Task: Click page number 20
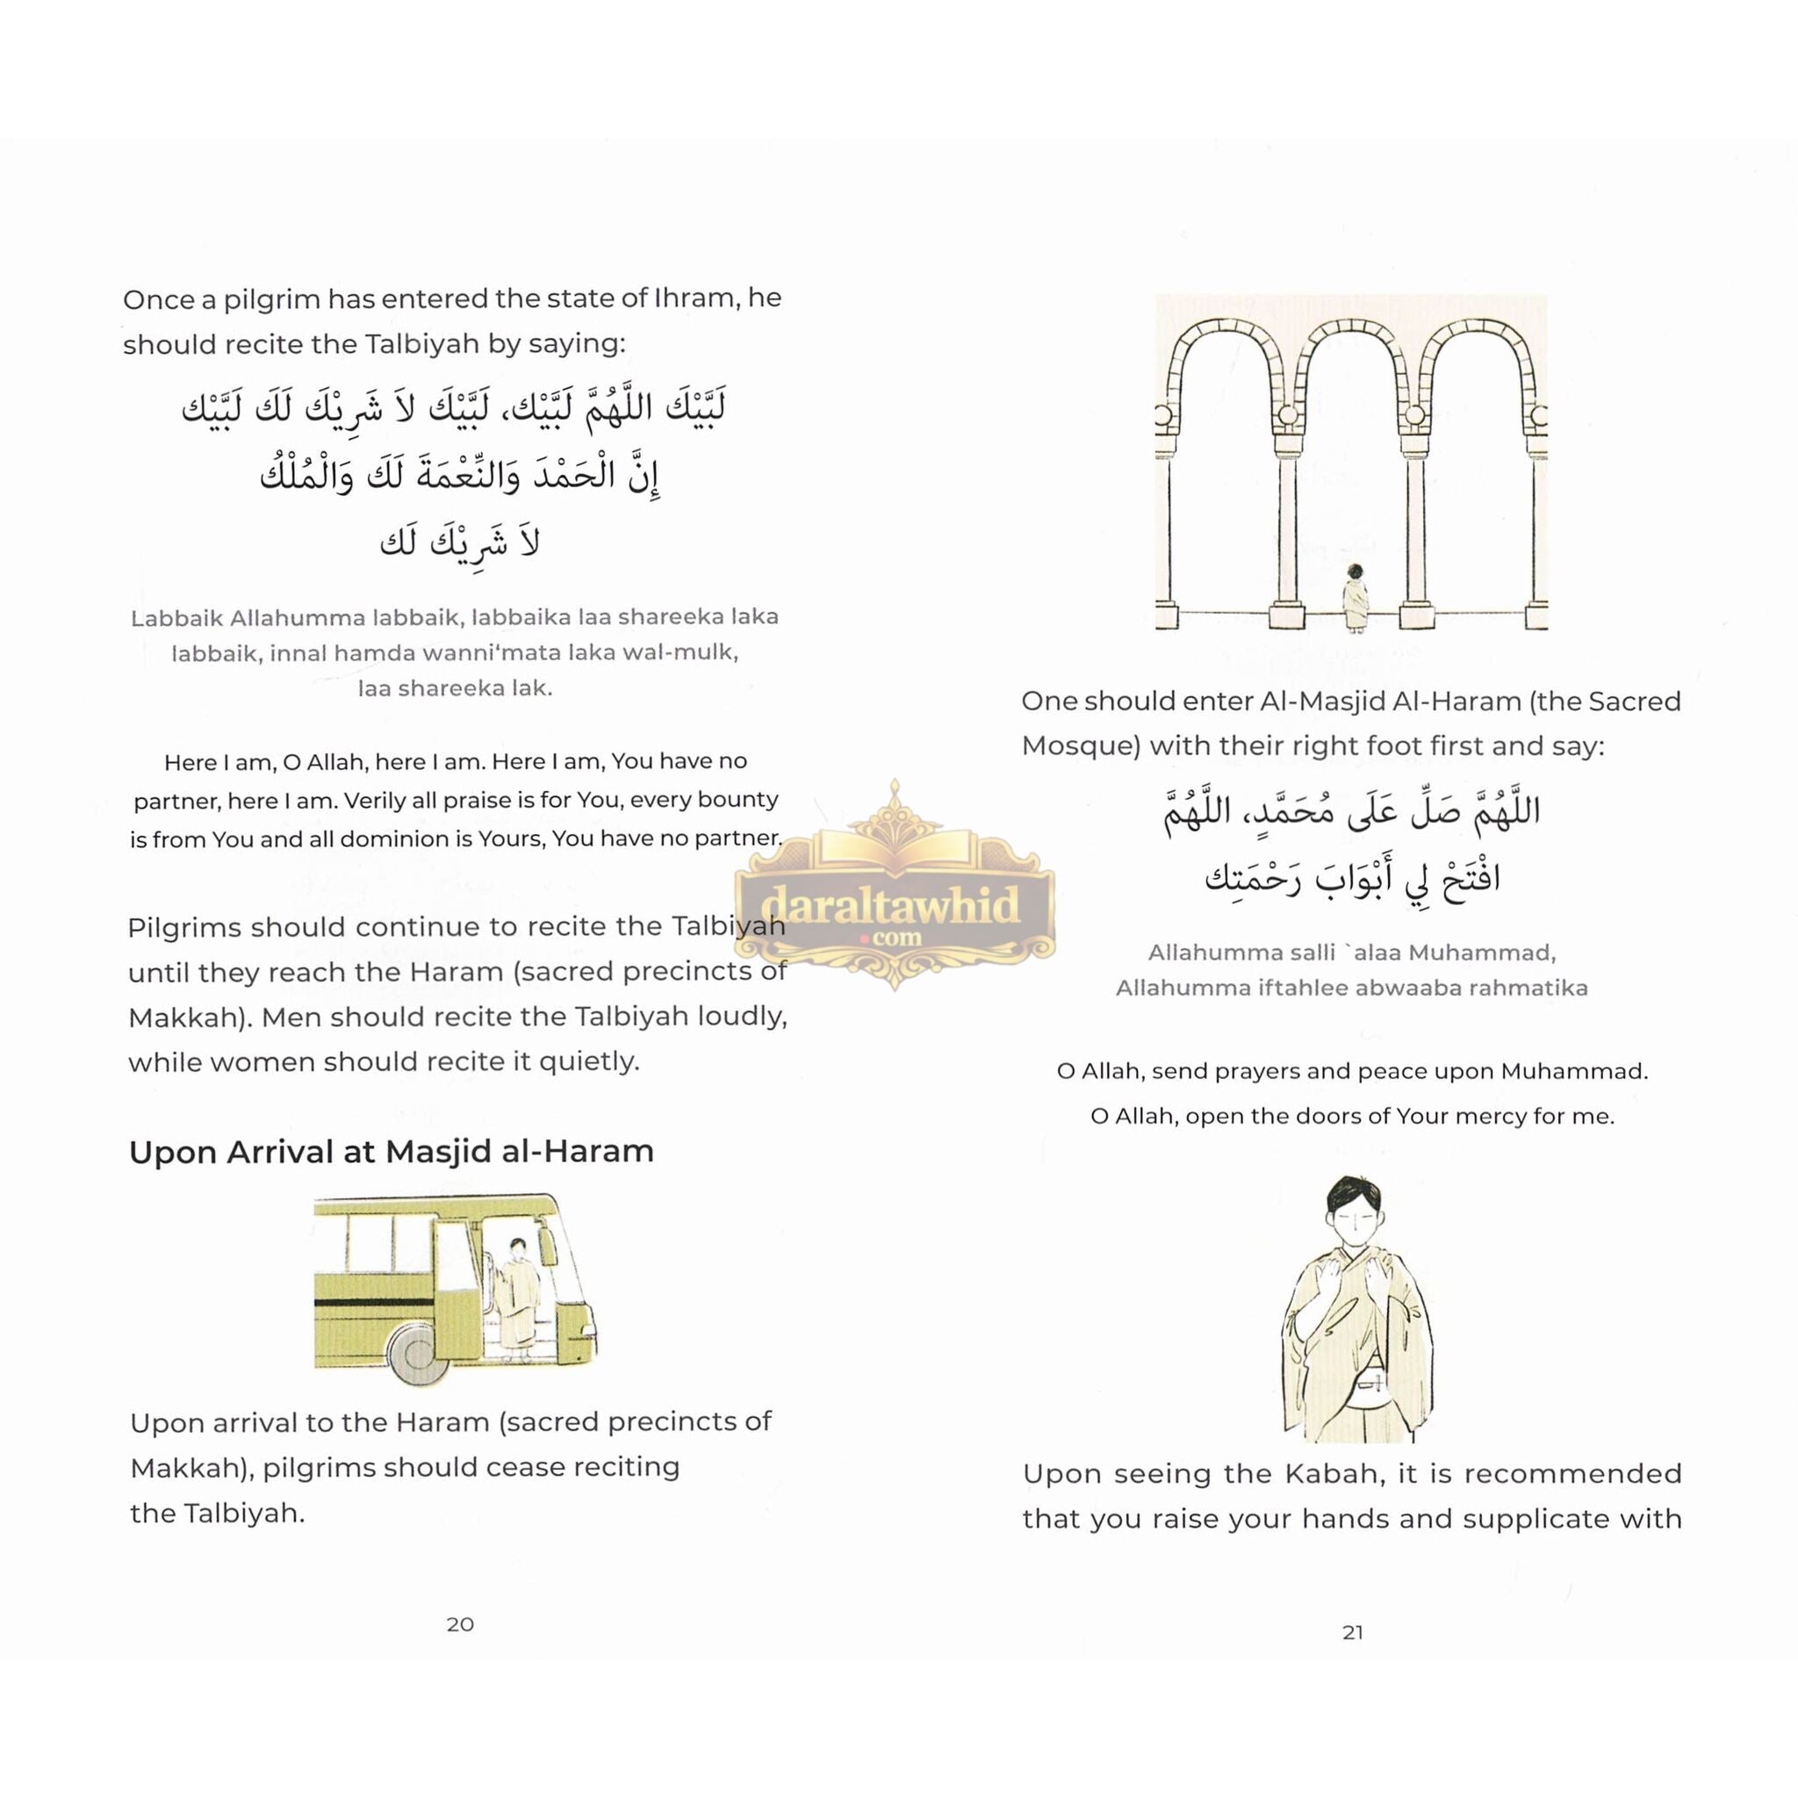[460, 1624]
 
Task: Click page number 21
[1352, 1631]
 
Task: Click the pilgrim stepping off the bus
[516, 1299]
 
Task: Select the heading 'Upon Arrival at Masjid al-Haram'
[391, 1151]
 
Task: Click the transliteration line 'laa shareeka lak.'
[455, 688]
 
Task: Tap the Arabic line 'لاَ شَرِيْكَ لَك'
[460, 543]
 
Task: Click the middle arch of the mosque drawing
[1351, 372]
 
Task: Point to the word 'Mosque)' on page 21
[1081, 746]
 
